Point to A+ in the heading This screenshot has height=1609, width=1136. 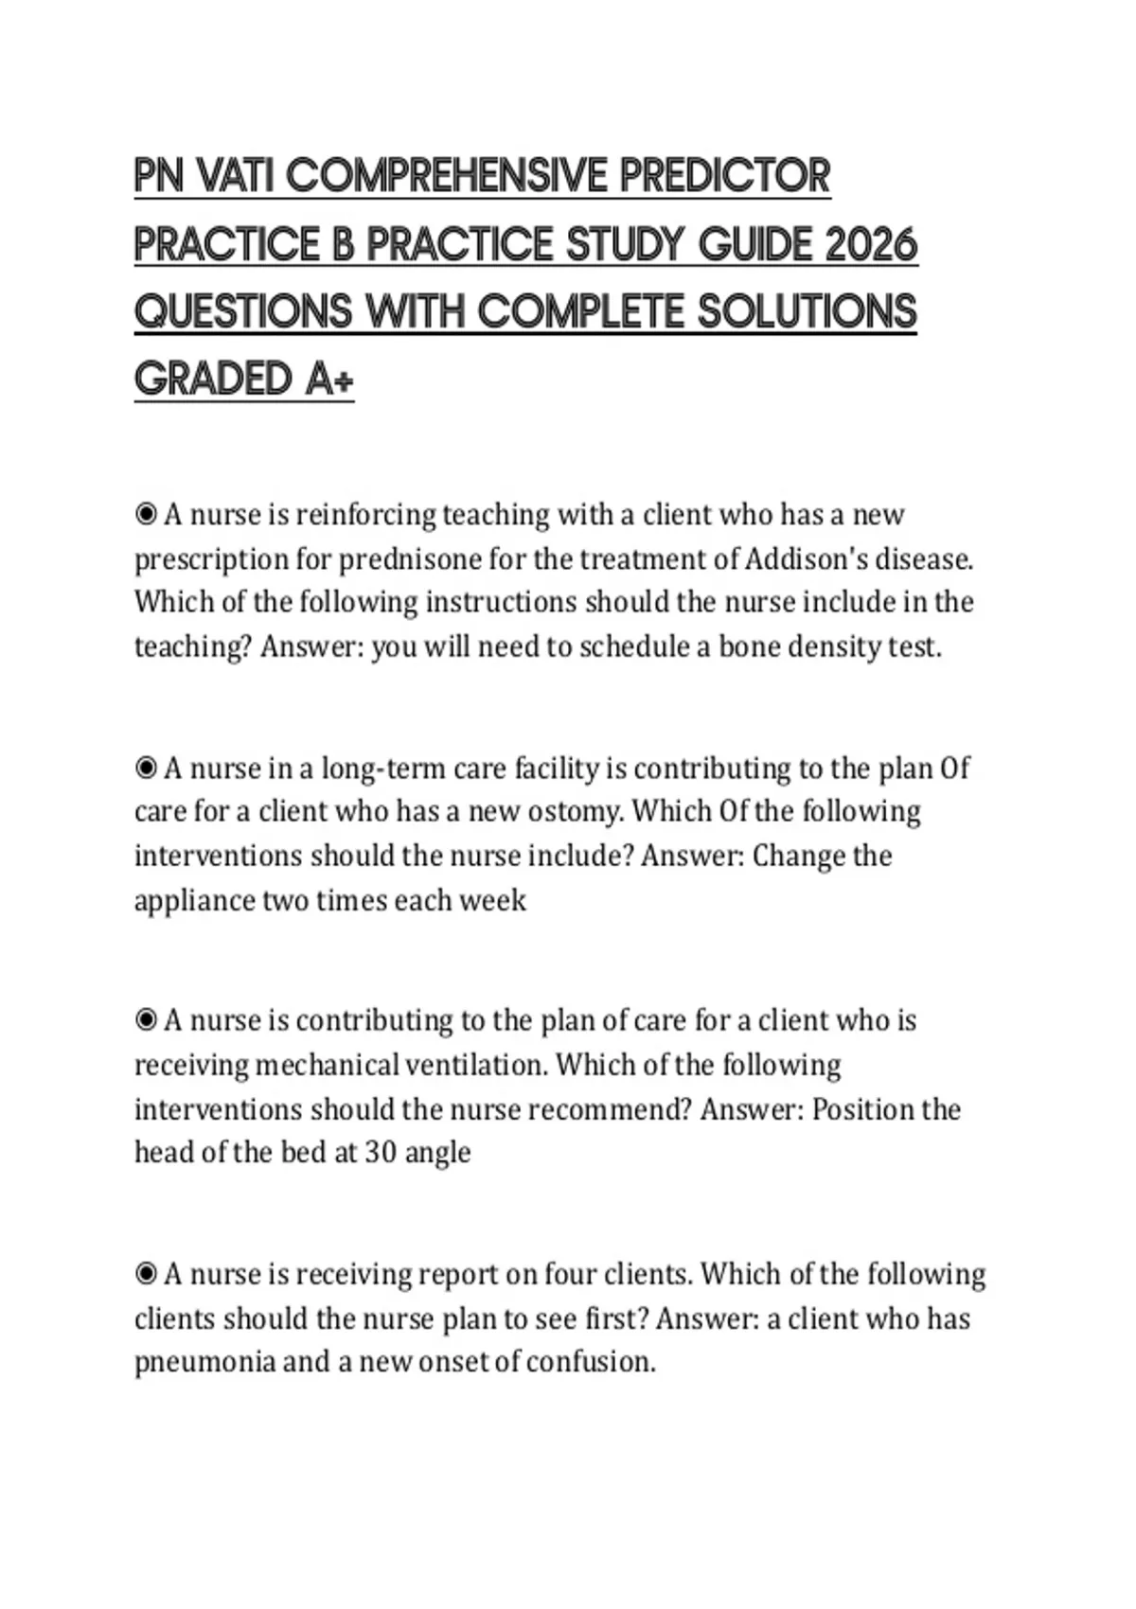coord(329,380)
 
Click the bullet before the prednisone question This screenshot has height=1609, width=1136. coord(146,515)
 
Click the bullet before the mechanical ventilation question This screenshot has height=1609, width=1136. coord(146,1020)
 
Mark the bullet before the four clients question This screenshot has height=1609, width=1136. coord(146,1274)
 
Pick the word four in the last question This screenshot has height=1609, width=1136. coord(570,1274)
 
